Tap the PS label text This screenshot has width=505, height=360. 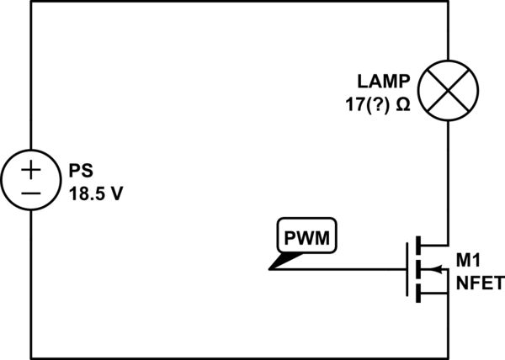click(x=79, y=171)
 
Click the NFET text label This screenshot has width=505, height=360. click(x=480, y=283)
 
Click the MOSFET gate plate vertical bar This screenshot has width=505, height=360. click(x=410, y=270)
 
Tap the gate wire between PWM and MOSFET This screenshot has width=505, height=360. click(x=353, y=270)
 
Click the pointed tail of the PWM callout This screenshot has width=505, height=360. click(x=274, y=268)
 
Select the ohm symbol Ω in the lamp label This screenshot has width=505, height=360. click(x=403, y=107)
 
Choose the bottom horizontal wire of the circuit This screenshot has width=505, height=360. click(x=236, y=357)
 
